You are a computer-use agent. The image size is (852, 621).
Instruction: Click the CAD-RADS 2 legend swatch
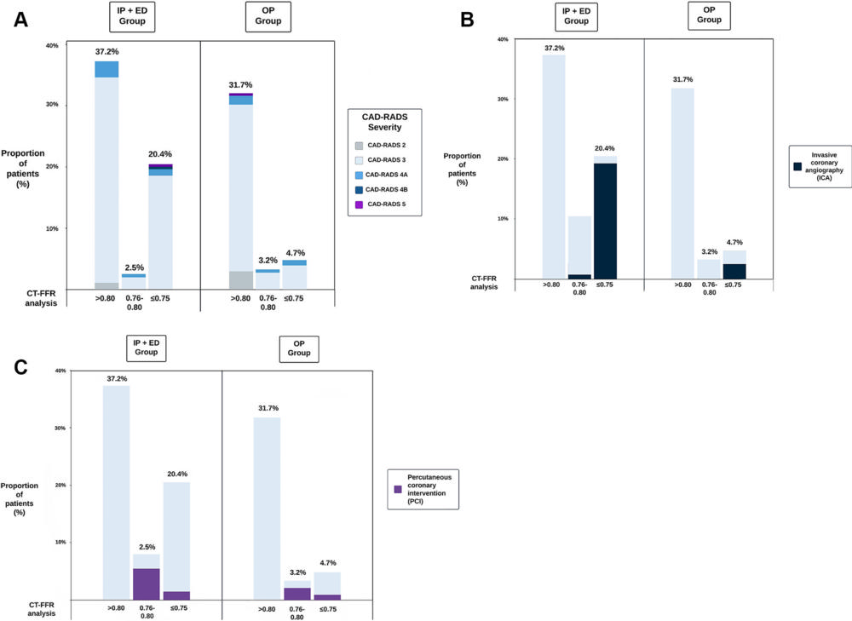click(x=360, y=147)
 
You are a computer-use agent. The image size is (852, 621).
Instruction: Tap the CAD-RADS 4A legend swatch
click(x=360, y=174)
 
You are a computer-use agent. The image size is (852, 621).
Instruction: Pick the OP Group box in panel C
click(x=299, y=348)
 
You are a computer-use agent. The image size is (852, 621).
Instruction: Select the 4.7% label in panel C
click(x=327, y=563)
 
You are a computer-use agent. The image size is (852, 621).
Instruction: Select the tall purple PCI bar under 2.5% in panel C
click(x=146, y=584)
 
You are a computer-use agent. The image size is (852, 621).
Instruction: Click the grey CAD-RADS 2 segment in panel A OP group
click(x=241, y=279)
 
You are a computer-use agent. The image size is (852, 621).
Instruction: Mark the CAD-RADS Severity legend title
click(x=384, y=121)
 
